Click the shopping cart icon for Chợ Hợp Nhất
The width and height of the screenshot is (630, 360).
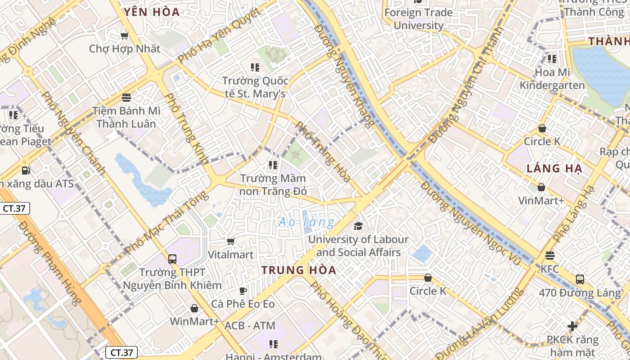tap(125, 36)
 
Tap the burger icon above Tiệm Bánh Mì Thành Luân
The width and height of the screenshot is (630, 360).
tap(126, 97)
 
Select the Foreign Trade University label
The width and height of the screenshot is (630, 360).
tap(418, 19)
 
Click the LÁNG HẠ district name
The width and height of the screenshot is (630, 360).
tap(554, 169)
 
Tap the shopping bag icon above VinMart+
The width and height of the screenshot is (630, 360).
tap(541, 187)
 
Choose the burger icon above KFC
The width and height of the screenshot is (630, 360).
tap(549, 256)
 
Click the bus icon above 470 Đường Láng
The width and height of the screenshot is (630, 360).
tap(580, 279)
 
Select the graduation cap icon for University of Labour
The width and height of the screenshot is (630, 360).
tap(358, 225)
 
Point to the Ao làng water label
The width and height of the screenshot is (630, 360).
tap(306, 222)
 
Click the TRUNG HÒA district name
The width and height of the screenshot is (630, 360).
tap(299, 270)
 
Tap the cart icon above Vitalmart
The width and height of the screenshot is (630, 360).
tap(231, 242)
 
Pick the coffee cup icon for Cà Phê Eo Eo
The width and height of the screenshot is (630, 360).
tap(243, 291)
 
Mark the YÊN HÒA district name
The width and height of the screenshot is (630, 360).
tap(152, 12)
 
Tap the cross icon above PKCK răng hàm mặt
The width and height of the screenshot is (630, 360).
tap(572, 326)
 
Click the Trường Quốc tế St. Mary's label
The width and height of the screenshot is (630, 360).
tap(255, 87)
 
